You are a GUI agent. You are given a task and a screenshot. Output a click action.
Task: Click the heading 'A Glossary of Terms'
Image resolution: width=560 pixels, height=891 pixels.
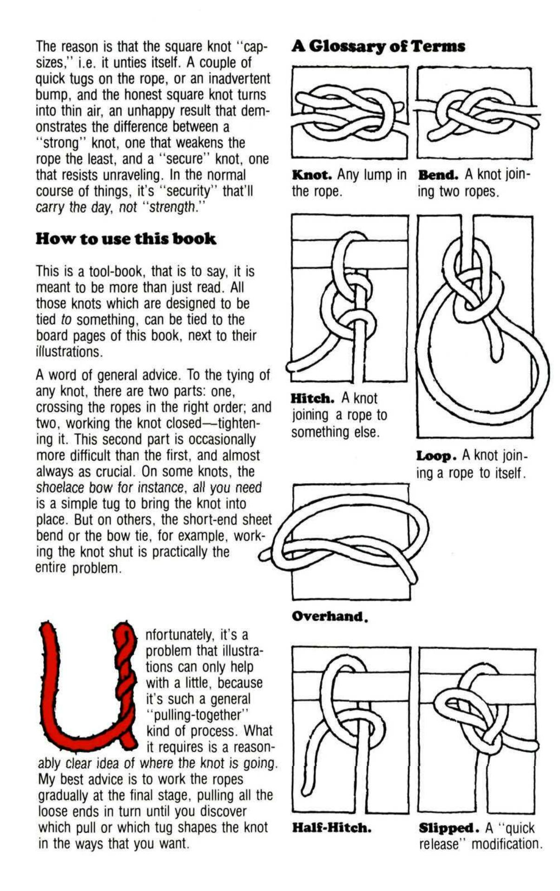[378, 46]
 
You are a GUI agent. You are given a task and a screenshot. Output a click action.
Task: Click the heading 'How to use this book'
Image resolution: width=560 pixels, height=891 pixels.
[126, 239]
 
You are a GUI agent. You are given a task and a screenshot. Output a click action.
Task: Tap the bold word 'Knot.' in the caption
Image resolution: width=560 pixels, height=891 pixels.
[311, 175]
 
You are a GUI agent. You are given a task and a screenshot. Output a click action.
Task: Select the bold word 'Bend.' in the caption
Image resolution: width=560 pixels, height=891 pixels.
[438, 175]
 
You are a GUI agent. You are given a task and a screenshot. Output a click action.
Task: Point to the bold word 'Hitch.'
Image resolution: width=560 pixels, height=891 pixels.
[312, 398]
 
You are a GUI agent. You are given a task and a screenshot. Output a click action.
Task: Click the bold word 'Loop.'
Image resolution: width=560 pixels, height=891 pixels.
[436, 456]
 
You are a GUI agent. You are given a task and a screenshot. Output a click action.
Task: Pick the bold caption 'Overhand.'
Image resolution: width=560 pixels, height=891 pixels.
[329, 616]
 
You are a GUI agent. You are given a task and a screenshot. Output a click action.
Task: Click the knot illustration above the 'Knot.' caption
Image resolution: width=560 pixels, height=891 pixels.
[349, 111]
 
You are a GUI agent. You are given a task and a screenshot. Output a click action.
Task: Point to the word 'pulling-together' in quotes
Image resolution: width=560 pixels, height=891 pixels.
[199, 714]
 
